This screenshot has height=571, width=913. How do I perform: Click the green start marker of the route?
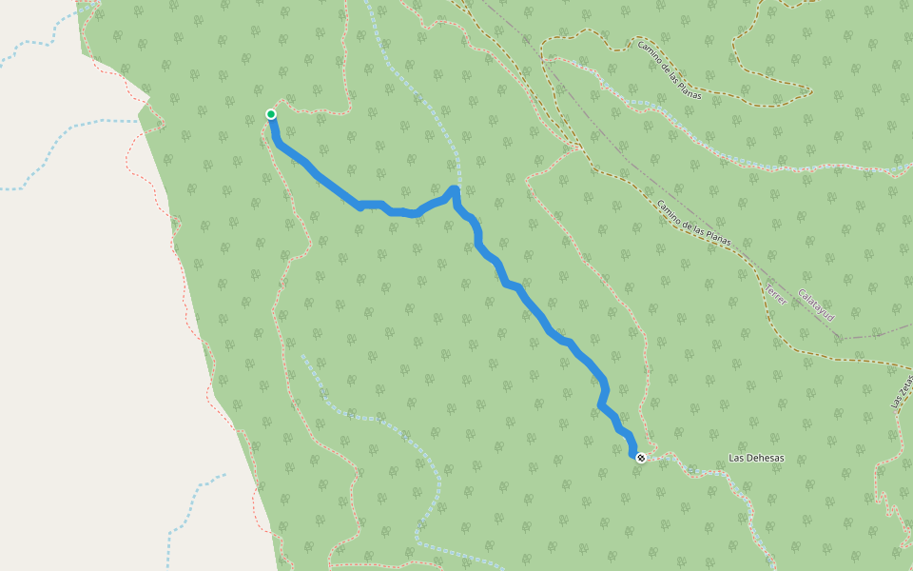(271, 114)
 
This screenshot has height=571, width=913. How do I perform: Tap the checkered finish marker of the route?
(641, 458)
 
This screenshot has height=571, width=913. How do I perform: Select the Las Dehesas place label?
(756, 458)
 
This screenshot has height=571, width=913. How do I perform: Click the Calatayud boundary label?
(816, 305)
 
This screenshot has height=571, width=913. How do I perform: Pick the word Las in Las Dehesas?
(735, 458)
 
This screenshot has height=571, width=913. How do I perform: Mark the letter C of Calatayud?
(801, 292)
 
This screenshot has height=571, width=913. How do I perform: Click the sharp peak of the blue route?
(455, 189)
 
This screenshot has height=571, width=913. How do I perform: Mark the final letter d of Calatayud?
(831, 317)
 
